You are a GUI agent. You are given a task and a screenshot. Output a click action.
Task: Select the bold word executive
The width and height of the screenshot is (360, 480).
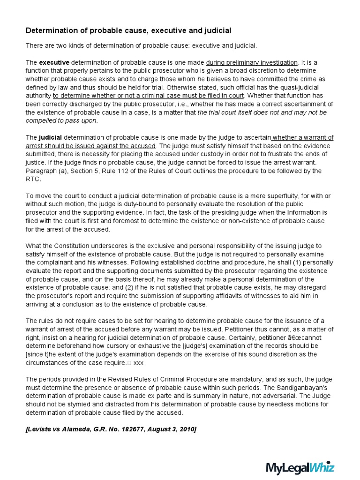point(54,62)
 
